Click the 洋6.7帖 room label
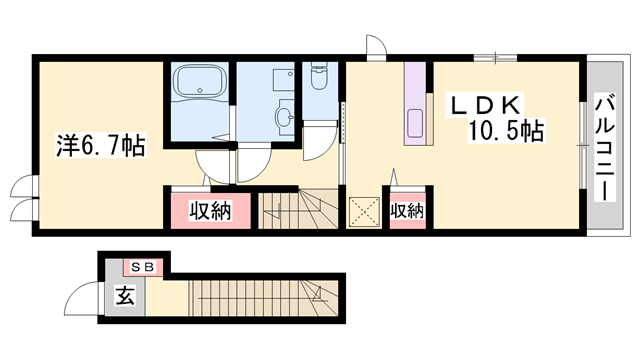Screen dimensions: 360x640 tap(99, 146)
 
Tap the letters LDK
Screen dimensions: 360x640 tap(482, 103)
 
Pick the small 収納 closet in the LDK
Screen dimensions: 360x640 tap(407, 211)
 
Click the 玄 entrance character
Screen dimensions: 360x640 tap(124, 296)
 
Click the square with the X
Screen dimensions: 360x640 tap(362, 213)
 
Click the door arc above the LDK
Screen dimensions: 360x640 tap(376, 47)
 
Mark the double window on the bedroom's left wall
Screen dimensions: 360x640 tap(21, 199)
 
